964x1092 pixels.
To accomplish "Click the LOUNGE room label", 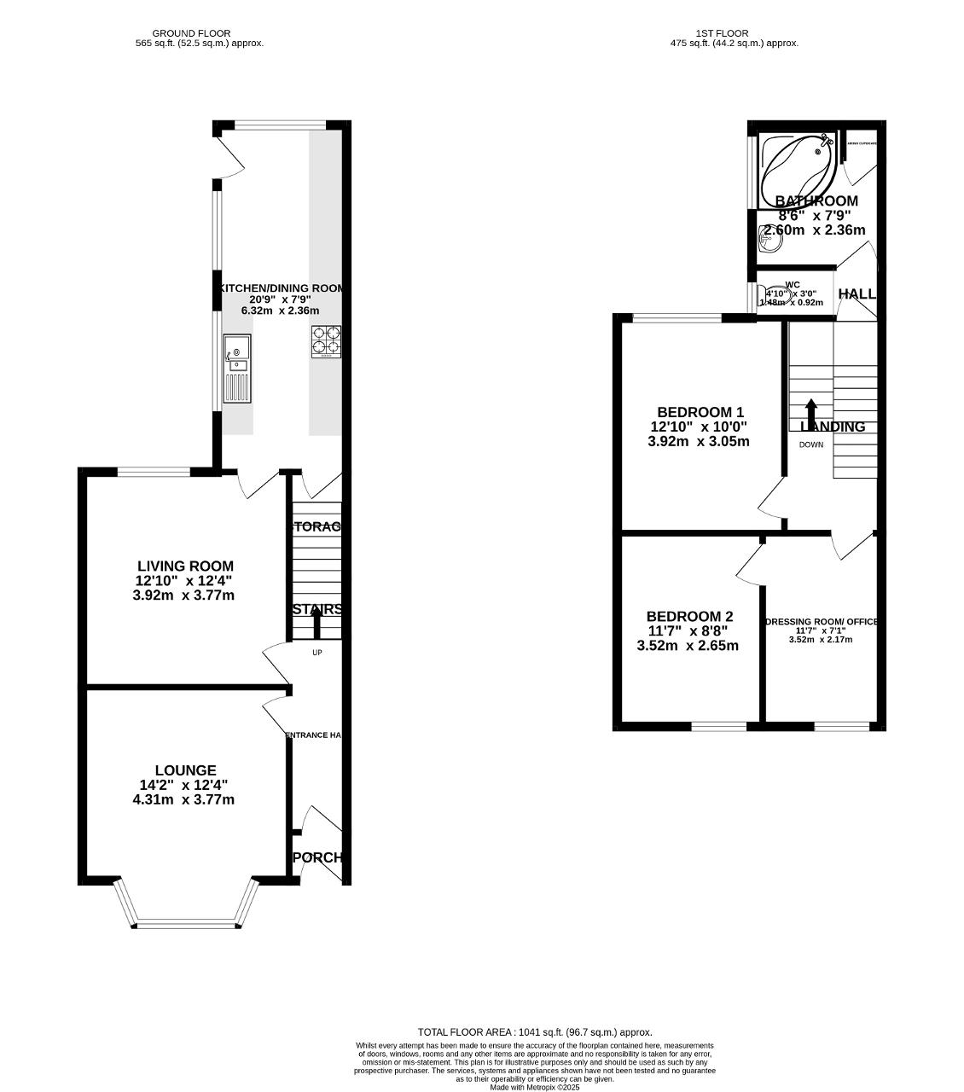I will (185, 770).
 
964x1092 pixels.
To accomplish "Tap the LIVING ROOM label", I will (185, 566).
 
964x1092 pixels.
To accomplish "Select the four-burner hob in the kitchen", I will (326, 342).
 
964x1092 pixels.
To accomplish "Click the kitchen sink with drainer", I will (237, 369).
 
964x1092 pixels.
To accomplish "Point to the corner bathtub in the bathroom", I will (798, 166).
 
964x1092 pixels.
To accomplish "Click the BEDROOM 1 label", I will (700, 412).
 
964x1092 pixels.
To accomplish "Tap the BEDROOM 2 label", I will (689, 617).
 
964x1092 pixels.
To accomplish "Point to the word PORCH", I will (317, 857).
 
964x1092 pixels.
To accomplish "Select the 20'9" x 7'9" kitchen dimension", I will (280, 299).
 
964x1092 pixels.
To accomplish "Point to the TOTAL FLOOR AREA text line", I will (535, 1031).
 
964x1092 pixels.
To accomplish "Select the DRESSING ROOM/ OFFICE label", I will (822, 622).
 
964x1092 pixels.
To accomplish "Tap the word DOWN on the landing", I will (811, 445).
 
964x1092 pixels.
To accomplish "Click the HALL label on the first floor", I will (857, 294).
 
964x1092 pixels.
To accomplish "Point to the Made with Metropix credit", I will (535, 1087).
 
